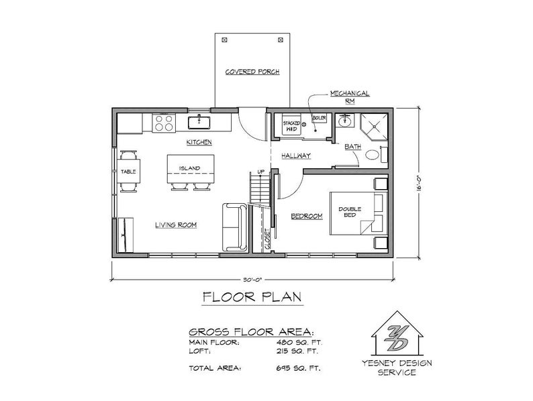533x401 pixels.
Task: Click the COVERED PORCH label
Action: [252, 72]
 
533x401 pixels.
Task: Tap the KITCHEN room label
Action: [199, 142]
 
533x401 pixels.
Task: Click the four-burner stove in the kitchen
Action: [164, 122]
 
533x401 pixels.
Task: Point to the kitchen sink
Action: [200, 121]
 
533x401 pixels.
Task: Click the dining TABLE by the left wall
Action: [129, 172]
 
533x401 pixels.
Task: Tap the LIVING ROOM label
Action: [175, 225]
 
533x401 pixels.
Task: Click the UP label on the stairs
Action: [261, 172]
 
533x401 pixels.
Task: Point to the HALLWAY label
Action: [295, 155]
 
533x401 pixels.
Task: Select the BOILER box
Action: [319, 119]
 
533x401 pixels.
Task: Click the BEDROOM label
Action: [306, 216]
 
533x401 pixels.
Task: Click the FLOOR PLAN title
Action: [252, 297]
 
